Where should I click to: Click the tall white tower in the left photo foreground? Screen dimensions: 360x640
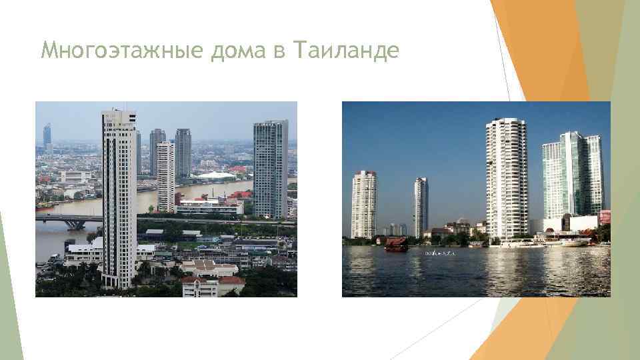click(x=119, y=193)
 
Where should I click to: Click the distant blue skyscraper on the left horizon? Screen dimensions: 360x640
click(x=47, y=136)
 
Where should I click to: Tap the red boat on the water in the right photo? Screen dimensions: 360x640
click(x=396, y=244)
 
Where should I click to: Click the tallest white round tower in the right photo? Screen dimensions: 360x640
click(x=506, y=177)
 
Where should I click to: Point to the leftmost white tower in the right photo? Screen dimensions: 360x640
click(x=363, y=203)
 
